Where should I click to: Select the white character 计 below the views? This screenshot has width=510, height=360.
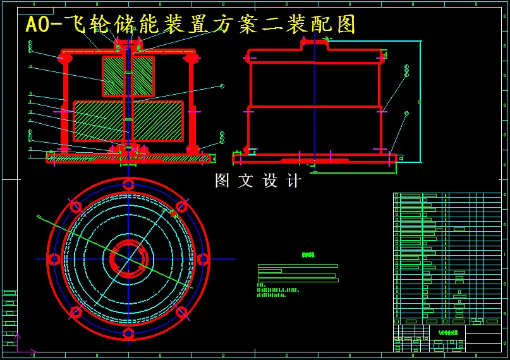[293, 181]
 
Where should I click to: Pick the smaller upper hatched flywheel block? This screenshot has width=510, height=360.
[128, 76]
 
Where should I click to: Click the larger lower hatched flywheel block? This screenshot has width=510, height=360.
[128, 121]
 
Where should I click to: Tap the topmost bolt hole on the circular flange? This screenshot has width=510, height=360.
[128, 184]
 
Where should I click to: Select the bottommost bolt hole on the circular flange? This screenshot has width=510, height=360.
[128, 333]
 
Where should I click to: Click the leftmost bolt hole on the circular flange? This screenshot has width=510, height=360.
[54, 259]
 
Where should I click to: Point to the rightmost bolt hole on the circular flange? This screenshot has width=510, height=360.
[203, 259]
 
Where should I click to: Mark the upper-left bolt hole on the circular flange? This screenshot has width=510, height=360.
[76, 207]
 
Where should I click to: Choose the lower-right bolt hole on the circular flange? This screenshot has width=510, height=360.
[181, 311]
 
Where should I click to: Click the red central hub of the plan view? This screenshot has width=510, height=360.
[128, 259]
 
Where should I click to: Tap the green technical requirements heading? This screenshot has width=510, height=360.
[308, 255]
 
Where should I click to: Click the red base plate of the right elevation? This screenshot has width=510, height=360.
[314, 158]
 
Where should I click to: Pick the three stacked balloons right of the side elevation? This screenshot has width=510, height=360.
[406, 70]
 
